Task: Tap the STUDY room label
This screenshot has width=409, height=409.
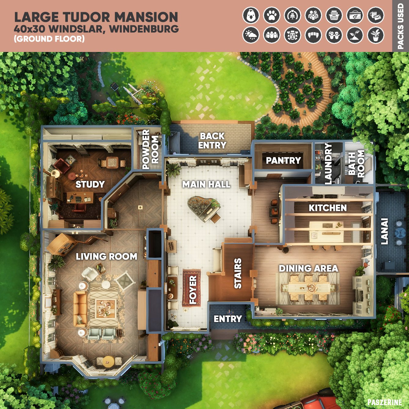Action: (90, 184)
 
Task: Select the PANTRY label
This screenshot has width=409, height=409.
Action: (283, 160)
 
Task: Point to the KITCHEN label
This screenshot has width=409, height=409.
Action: (328, 208)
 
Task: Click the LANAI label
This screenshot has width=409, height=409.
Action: (384, 231)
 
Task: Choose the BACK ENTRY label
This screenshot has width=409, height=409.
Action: (212, 141)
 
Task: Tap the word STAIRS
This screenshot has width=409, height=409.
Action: (238, 273)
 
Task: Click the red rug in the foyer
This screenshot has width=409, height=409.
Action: (191, 288)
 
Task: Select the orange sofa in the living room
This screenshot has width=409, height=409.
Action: (80, 309)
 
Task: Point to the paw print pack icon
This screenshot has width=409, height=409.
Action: (272, 15)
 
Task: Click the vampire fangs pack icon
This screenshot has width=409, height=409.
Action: (313, 35)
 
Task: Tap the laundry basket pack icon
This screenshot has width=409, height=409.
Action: (334, 15)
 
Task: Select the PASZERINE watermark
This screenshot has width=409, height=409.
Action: (385, 402)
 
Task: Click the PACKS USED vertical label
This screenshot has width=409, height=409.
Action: (400, 26)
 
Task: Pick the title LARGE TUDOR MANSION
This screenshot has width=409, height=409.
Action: (96, 17)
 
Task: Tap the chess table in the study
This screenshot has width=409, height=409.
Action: (112, 162)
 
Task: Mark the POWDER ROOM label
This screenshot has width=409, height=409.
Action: (150, 149)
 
